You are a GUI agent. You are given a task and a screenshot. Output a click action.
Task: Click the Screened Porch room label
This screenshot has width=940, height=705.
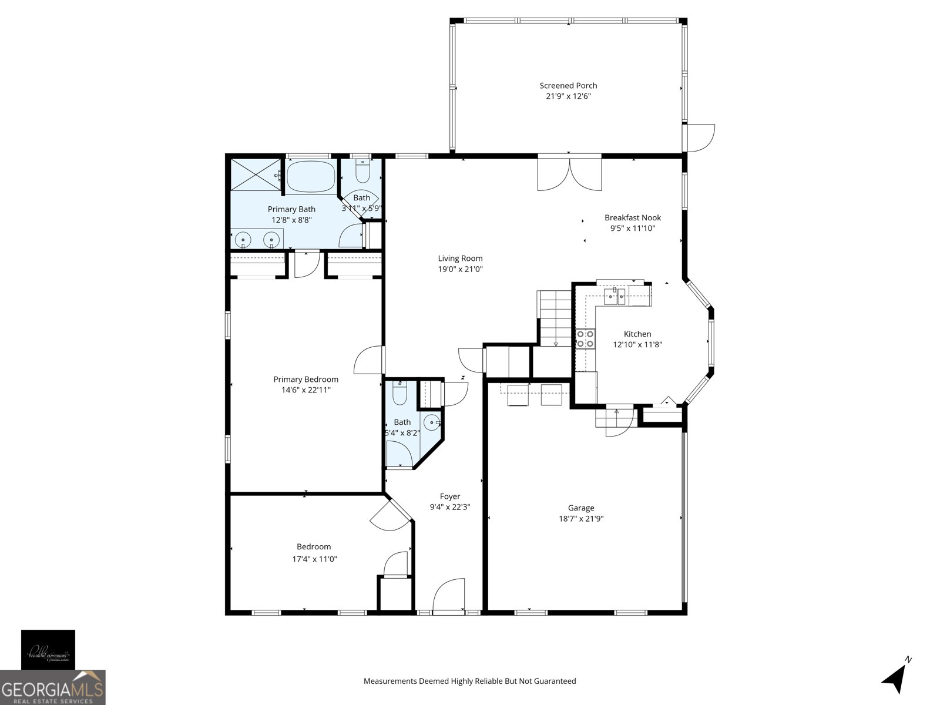568,86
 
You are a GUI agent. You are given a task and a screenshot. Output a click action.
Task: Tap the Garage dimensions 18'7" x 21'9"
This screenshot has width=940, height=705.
581,519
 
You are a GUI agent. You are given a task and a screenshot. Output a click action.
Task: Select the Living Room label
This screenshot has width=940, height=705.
460,258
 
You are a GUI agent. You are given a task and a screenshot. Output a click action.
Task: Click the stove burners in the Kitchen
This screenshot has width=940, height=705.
585,339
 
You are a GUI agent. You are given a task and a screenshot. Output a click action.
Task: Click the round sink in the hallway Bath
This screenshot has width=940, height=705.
432,422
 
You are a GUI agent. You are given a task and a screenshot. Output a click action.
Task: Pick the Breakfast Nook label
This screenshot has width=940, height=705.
633,218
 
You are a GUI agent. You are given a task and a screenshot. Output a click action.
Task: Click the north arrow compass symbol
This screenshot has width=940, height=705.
895,678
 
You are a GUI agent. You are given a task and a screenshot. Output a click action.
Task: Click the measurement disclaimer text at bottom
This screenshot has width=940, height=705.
469,681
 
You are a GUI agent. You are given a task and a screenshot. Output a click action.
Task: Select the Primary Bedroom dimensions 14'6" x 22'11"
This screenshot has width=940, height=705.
305,390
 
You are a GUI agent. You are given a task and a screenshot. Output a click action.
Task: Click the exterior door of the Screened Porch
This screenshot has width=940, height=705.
700,138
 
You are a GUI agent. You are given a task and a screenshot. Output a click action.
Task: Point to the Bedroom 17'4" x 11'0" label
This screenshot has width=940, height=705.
314,547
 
